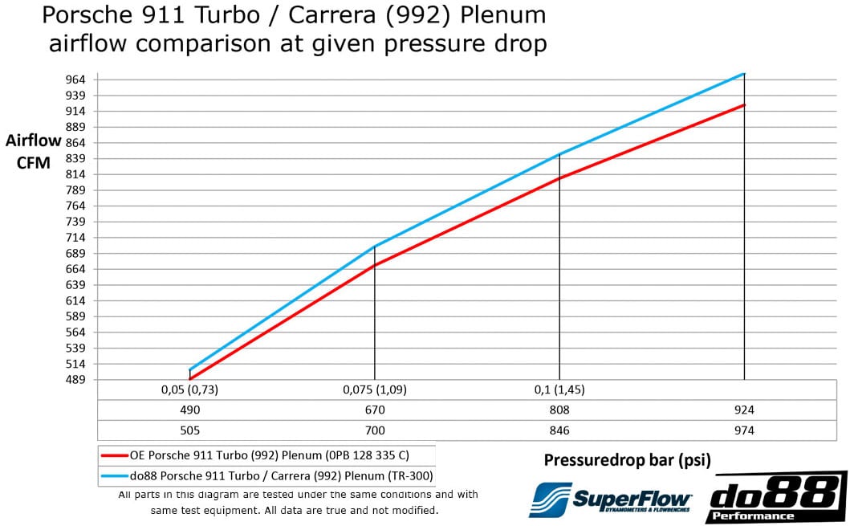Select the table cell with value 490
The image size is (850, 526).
(x=189, y=410)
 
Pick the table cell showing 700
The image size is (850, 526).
(x=374, y=430)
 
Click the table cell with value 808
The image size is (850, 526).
(x=559, y=410)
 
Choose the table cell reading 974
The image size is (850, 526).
(x=744, y=430)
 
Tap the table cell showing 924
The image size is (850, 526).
(x=744, y=410)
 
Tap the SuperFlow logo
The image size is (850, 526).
(x=611, y=499)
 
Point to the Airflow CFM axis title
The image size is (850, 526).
(x=33, y=151)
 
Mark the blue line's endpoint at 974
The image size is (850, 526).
(x=744, y=73)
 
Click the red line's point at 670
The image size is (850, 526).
(x=374, y=265)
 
